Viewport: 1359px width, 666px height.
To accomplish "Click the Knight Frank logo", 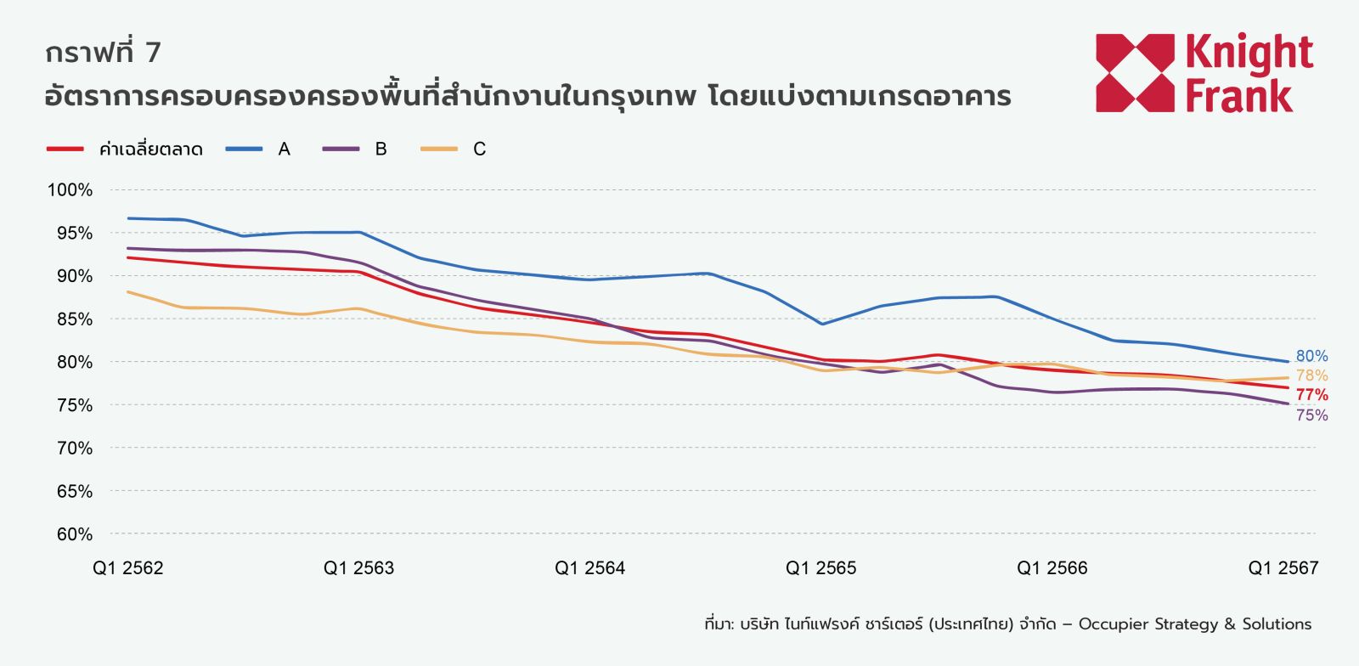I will coord(1204,73).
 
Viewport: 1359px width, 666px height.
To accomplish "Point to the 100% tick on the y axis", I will coord(70,190).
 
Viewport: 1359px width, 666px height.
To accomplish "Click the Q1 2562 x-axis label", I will coord(127,568).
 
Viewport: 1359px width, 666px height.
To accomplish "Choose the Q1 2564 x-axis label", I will coord(589,568).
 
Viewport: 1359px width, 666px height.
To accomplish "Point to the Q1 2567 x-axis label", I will coord(1283,568).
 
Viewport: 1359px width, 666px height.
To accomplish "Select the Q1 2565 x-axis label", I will coord(820,568).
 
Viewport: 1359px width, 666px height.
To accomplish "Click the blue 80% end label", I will coord(1311,357).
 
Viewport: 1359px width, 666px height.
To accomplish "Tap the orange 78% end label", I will coord(1311,375).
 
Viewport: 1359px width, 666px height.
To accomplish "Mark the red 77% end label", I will coord(1311,395).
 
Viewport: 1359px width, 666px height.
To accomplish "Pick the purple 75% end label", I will coord(1311,415).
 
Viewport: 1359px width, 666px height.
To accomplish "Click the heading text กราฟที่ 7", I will coord(103,53).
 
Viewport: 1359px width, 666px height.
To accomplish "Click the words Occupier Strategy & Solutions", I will coord(1194,624).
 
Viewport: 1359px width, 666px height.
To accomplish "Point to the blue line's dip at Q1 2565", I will coord(821,324).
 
